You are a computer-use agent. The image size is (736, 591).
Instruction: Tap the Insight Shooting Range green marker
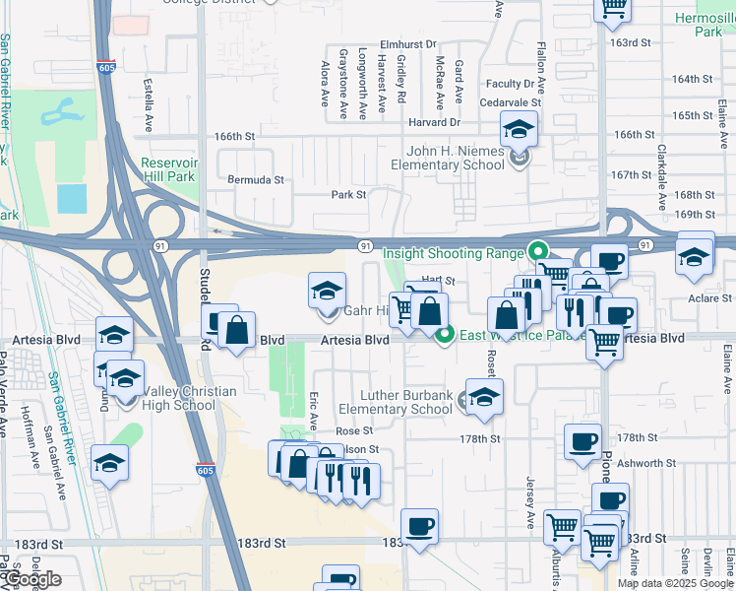click(x=537, y=251)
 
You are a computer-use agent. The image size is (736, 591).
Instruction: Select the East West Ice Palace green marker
click(x=445, y=336)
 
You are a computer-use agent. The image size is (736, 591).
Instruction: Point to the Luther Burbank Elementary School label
click(x=396, y=402)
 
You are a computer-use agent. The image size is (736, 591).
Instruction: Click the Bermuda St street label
click(x=256, y=180)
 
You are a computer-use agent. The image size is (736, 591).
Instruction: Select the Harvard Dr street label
click(x=435, y=122)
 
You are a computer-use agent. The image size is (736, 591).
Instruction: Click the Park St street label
click(x=348, y=195)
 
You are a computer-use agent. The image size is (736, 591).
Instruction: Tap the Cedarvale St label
click(x=511, y=101)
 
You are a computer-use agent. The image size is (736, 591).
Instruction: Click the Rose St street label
click(x=354, y=430)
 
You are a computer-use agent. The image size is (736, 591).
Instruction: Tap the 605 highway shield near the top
click(x=104, y=67)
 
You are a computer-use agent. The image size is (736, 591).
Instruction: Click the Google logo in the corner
click(x=31, y=579)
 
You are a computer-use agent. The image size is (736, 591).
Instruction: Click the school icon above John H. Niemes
click(x=519, y=128)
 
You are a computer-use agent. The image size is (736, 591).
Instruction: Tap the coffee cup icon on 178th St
click(x=583, y=440)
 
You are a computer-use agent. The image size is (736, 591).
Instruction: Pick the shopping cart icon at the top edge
click(x=612, y=9)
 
